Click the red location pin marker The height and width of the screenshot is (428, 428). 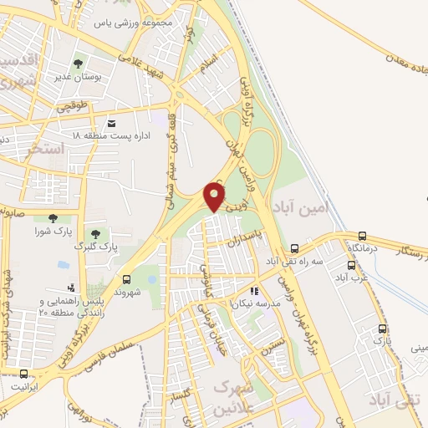click(215, 196)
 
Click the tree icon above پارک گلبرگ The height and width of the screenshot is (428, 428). click(95, 233)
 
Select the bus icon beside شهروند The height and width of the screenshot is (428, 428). click(127, 280)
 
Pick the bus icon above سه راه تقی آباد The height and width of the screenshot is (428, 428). click(294, 248)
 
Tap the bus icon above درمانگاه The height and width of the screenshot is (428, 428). click(362, 237)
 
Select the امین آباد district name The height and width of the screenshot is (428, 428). click(303, 204)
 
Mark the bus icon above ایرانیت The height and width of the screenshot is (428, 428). click(23, 374)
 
